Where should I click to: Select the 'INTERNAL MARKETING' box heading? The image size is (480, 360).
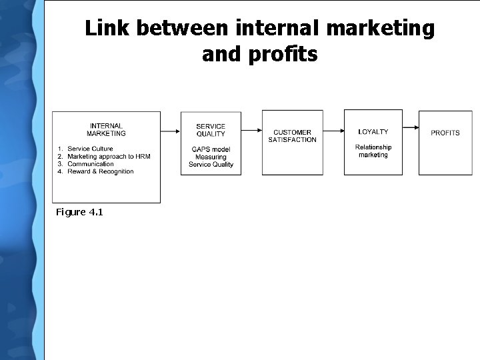(106, 129)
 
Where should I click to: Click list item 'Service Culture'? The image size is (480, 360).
(91, 149)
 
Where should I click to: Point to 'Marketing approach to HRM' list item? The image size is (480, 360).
(109, 157)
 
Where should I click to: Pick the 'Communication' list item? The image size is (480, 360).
(91, 164)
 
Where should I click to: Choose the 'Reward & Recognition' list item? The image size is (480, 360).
(101, 171)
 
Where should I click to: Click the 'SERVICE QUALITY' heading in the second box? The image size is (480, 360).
(211, 130)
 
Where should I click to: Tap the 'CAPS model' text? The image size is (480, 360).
(211, 149)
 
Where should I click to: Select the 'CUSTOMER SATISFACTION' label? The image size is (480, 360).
(292, 136)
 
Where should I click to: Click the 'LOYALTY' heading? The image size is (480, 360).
(373, 132)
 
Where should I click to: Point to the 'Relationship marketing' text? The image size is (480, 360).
(373, 151)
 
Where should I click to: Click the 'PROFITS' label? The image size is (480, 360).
(445, 133)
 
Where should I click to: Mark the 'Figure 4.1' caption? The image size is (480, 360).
(79, 212)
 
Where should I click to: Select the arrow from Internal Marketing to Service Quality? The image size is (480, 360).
(171, 131)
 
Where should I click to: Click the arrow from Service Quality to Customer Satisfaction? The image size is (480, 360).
(251, 129)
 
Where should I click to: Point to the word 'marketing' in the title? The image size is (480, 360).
(379, 29)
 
